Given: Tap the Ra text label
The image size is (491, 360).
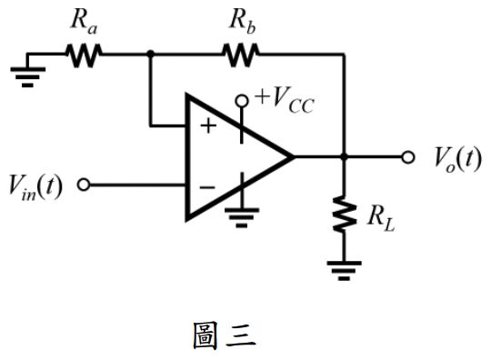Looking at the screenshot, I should point(84,20).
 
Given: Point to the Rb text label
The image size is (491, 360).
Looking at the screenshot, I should point(243,20).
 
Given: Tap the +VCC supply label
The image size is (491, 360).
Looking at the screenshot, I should point(286,97).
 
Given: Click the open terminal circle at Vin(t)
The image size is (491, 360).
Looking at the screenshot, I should point(84,185).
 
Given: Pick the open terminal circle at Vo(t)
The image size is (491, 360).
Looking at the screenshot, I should point(408,156).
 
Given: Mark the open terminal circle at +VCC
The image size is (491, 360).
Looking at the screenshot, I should point(243,100).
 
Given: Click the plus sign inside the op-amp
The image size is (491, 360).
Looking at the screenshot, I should point(208,125).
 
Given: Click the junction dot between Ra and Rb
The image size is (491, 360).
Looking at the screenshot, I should point(149,54).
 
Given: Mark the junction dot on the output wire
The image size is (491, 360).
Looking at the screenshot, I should point(344,156).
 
